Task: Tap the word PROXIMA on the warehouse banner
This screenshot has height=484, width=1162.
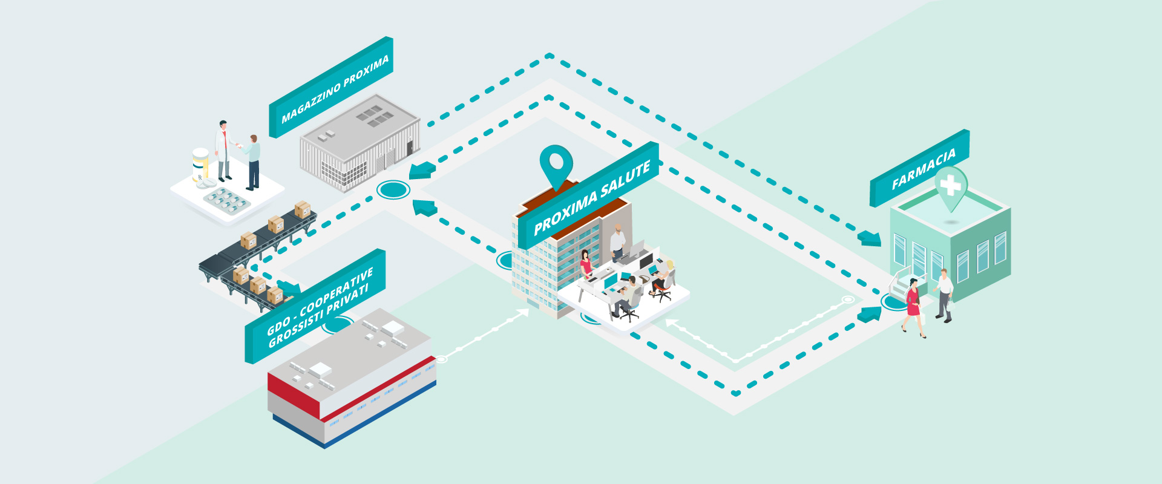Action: click(366, 71)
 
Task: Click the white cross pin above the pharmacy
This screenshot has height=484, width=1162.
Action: click(951, 185)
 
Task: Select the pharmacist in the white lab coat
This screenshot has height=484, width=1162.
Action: click(224, 149)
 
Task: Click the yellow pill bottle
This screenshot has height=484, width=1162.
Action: click(200, 164)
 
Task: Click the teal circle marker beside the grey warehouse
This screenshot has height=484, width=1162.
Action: click(393, 190)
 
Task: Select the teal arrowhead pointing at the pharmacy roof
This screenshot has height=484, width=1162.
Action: click(870, 238)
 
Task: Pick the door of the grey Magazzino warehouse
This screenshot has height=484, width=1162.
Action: click(410, 148)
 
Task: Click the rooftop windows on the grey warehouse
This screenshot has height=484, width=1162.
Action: click(373, 116)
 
